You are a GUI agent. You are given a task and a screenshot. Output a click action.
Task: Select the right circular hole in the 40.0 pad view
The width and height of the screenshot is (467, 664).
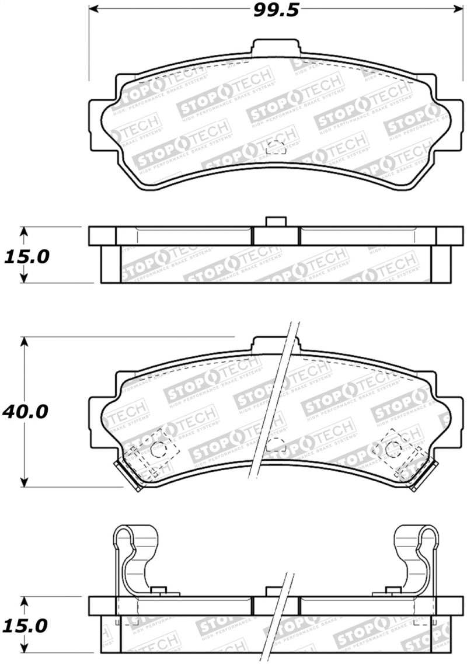[x=392, y=449]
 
